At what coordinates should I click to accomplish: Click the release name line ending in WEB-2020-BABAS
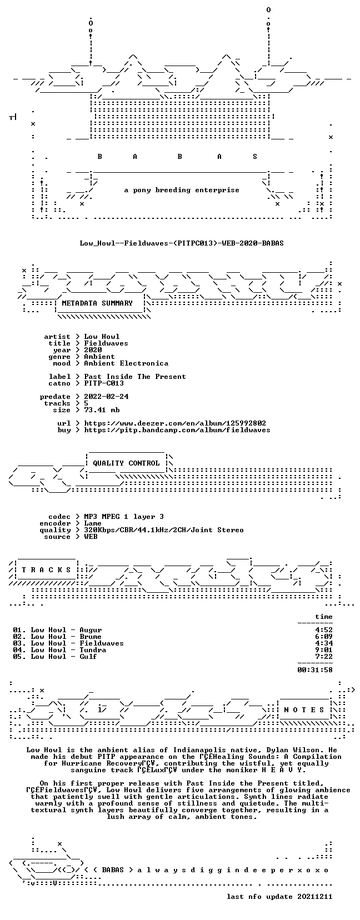(x=182, y=243)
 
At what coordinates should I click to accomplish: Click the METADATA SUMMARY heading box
(x=97, y=303)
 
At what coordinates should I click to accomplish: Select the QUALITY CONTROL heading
(x=126, y=463)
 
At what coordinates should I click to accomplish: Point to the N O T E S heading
(x=304, y=709)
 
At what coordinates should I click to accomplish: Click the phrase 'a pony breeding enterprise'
(x=182, y=190)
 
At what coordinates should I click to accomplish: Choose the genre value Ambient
(x=99, y=357)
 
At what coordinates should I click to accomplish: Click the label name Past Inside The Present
(x=134, y=377)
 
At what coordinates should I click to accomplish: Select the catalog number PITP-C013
(x=104, y=383)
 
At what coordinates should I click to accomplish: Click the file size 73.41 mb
(x=102, y=410)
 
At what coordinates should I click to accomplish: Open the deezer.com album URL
(x=175, y=423)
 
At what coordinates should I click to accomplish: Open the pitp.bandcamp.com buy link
(x=177, y=430)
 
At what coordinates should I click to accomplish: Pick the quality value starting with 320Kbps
(x=164, y=530)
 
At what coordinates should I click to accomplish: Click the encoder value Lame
(x=93, y=523)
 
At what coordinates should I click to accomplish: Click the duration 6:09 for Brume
(x=324, y=637)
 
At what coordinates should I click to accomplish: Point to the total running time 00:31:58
(x=315, y=670)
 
